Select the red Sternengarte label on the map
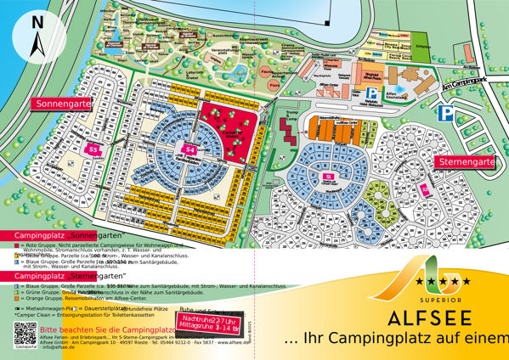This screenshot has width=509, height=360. (467, 161)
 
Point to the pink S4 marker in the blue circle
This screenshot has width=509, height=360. (190, 150)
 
